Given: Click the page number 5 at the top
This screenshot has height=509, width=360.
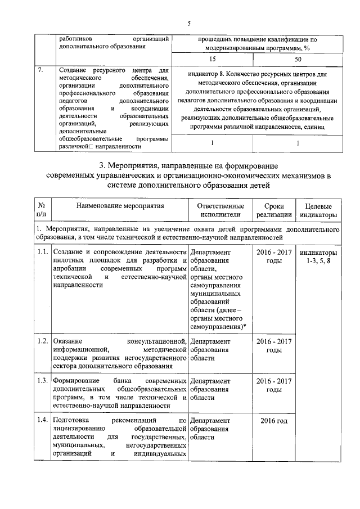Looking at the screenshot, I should [189, 23].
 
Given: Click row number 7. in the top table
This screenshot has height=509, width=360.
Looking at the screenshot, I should [40, 71].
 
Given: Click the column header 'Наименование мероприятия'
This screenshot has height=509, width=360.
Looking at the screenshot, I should [120, 206].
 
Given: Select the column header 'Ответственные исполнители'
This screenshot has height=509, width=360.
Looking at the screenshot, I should [219, 210].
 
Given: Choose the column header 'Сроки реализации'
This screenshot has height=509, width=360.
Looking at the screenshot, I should [274, 210].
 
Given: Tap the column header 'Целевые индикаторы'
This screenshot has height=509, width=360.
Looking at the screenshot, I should [318, 210].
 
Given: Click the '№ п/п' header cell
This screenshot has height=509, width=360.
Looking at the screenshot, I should [41, 210].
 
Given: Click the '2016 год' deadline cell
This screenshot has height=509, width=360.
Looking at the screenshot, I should [274, 420].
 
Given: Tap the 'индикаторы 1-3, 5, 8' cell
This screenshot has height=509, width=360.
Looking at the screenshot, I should [319, 255].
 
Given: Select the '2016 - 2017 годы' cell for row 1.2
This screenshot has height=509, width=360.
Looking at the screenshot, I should [274, 345].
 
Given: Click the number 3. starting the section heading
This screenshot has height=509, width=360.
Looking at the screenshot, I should [102, 166].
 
